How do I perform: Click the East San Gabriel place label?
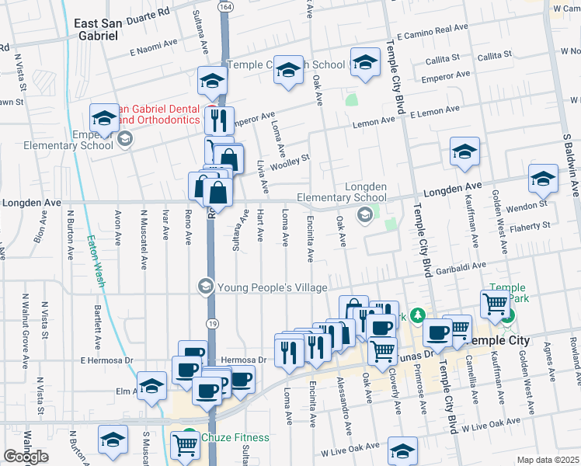(x=107, y=30)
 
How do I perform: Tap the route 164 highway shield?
(x=224, y=6)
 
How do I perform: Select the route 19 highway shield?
(x=211, y=322)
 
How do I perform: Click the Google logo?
(x=26, y=457)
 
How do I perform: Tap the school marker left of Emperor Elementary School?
(x=104, y=118)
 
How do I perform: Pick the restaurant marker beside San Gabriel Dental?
(x=219, y=120)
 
